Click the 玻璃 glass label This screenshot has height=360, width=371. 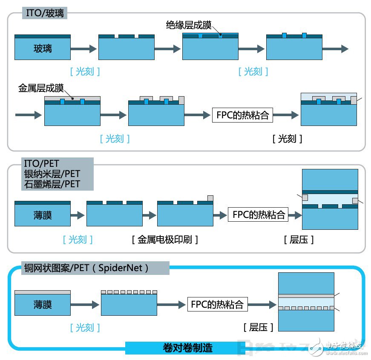point(43,49)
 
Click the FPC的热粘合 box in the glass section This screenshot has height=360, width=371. point(243,115)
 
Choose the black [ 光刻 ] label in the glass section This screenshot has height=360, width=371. point(288,138)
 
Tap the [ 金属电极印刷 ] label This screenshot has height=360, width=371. point(165,239)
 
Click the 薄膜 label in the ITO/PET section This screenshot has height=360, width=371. point(43,215)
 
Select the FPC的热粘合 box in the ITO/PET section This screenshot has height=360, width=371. point(259,214)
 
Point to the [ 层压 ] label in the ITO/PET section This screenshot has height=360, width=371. point(299,239)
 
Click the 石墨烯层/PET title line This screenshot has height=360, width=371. point(52,184)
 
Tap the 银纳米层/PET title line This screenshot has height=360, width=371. point(52,174)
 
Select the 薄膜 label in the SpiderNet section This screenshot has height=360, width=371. point(43,305)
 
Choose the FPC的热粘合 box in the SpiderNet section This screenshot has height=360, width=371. point(217,305)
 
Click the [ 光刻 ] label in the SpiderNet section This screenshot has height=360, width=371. point(85,327)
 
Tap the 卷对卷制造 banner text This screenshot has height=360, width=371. point(187,348)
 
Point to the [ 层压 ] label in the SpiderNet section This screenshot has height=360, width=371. point(259,327)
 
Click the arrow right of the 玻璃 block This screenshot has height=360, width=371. point(83,49)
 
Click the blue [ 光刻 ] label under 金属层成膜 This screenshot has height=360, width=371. point(115,138)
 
